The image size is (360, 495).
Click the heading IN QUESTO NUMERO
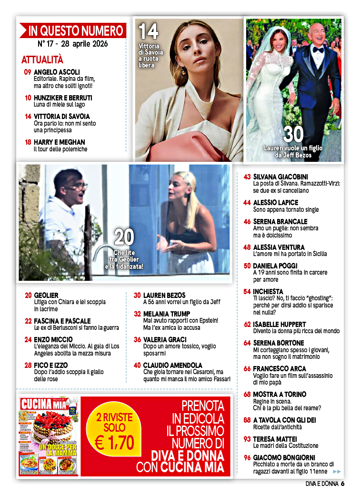76,31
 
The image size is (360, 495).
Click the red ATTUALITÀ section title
42,59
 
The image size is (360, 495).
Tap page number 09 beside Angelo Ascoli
28,72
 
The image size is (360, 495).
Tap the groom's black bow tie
318,49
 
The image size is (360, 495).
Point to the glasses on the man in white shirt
79,185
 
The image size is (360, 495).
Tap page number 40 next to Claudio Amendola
137,365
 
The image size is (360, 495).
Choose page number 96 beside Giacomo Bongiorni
247,458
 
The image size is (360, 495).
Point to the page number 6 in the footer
342,484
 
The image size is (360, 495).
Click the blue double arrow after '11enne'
337,471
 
